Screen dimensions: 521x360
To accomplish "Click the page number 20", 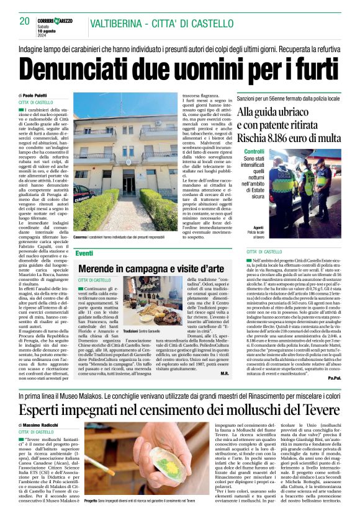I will coord(24,21).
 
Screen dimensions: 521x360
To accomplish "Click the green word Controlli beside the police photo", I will coord(254,151).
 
